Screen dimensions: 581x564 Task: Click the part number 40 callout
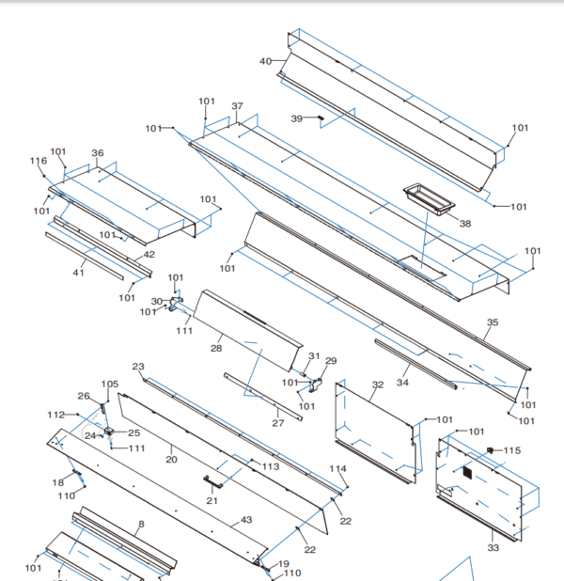pyautogui.click(x=265, y=61)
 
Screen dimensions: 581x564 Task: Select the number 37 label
pyautogui.click(x=237, y=106)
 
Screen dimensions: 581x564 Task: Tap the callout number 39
pyautogui.click(x=296, y=118)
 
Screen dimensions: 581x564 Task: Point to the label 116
pyautogui.click(x=38, y=161)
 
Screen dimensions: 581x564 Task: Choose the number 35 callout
pyautogui.click(x=492, y=322)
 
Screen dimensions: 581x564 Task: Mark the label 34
pyautogui.click(x=403, y=383)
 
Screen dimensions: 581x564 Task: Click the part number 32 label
pyautogui.click(x=378, y=385)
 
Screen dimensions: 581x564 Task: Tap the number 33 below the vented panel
pyautogui.click(x=493, y=547)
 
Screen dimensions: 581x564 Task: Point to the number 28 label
pyautogui.click(x=215, y=349)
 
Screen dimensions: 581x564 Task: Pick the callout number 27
pyautogui.click(x=277, y=423)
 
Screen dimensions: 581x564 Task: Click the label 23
pyautogui.click(x=138, y=367)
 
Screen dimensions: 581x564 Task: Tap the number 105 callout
pyautogui.click(x=110, y=385)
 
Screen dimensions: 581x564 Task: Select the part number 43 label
pyautogui.click(x=246, y=520)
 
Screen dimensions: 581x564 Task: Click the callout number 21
pyautogui.click(x=212, y=500)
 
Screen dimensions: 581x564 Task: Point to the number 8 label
pyautogui.click(x=141, y=524)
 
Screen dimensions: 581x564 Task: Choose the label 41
pyautogui.click(x=79, y=273)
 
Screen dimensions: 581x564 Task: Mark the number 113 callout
pyautogui.click(x=271, y=466)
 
